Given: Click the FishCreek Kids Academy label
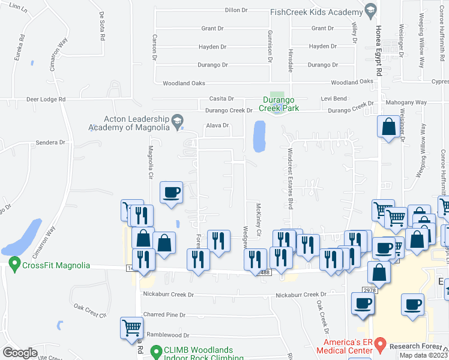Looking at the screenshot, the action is [316, 11].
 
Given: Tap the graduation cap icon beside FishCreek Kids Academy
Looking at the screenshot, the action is [370, 10].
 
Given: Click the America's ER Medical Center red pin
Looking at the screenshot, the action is [379, 344].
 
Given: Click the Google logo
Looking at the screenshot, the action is [20, 353].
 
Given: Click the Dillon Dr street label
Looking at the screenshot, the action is [236, 10].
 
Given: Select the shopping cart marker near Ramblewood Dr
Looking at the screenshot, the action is [133, 328].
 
